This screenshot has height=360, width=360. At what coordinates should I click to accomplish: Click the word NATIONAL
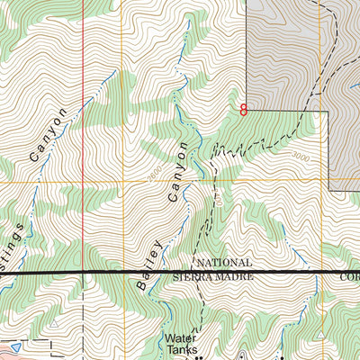click(222, 262)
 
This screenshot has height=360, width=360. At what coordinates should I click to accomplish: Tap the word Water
click(177, 339)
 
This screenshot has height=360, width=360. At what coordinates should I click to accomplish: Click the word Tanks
click(178, 352)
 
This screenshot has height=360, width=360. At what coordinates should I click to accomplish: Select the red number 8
click(243, 111)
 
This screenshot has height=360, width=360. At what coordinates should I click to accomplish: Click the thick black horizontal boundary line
click(90, 271)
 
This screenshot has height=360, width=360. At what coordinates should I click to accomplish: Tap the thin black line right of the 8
click(288, 111)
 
